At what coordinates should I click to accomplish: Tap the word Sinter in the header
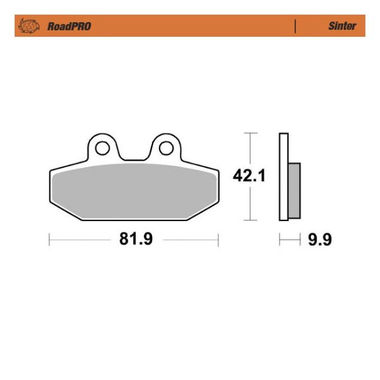coord(342,27)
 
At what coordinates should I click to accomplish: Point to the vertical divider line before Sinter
coord(295,27)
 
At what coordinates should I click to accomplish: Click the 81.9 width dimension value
coord(132,240)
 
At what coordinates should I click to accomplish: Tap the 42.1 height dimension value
coord(249,176)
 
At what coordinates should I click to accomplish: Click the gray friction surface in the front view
coord(133,190)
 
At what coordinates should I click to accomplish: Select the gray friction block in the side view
coord(294,189)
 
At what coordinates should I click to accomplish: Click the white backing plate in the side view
coord(283,177)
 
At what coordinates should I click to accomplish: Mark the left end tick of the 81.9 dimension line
coord(49,240)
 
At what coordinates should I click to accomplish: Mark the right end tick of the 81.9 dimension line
coord(218,240)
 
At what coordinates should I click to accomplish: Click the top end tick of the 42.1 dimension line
coord(251,134)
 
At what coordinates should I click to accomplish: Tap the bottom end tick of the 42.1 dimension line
coord(251,220)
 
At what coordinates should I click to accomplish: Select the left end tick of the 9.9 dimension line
coord(279,240)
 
